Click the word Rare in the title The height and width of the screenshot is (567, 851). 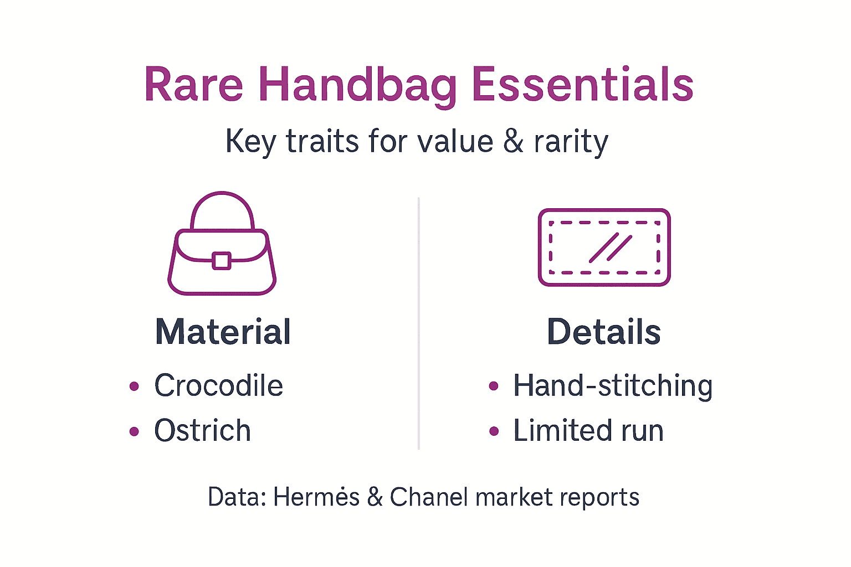tap(193, 85)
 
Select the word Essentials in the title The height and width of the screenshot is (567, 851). tap(582, 85)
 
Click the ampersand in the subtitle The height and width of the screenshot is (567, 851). tap(514, 141)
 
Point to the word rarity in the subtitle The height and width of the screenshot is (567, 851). tap(571, 142)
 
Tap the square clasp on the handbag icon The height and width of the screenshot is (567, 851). tap(222, 260)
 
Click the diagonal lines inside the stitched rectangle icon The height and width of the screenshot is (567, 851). tap(610, 248)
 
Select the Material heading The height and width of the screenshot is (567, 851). tap(223, 332)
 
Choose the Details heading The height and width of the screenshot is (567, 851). tap(604, 332)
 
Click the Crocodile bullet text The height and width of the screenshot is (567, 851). tap(218, 385)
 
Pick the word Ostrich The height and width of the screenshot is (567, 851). tap(202, 431)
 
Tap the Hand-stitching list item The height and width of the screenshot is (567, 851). tap(613, 386)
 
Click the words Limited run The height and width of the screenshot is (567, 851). tap(588, 431)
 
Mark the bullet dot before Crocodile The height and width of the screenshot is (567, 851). tap(134, 386)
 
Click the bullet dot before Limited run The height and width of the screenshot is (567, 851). tap(494, 431)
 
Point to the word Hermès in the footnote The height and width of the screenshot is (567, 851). tap(316, 497)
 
